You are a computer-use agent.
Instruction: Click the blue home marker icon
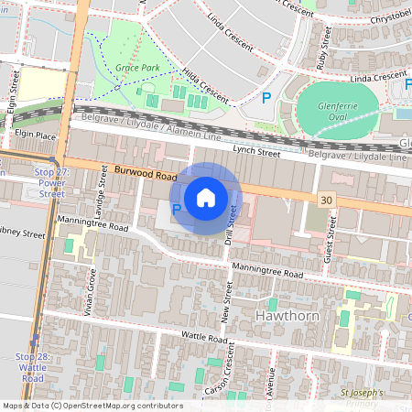(x=206, y=197)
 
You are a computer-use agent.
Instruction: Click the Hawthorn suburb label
(x=280, y=317)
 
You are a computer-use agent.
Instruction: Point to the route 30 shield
(x=327, y=199)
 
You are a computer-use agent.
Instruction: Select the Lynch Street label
(x=255, y=150)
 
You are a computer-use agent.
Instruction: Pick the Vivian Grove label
(x=92, y=290)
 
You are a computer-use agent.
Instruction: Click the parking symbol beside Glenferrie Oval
(x=266, y=97)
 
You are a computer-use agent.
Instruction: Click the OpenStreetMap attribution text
(x=92, y=406)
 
